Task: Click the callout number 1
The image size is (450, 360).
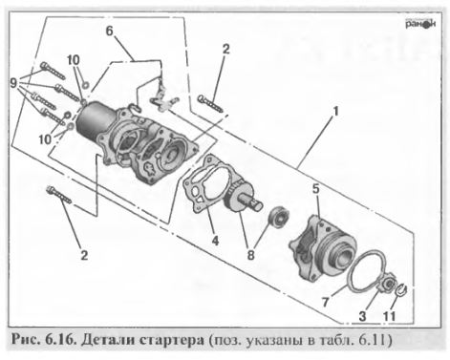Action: [x=335, y=112]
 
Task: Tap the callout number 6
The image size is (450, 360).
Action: [x=109, y=32]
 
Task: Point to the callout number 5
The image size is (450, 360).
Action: [x=315, y=189]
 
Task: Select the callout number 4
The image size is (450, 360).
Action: [x=215, y=241]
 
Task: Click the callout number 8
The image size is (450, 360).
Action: [x=251, y=255]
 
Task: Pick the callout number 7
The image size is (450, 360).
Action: [x=325, y=302]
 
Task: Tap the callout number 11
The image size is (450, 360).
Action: [x=389, y=316]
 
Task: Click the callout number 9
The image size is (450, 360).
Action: [x=13, y=84]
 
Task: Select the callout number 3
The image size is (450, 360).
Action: [x=362, y=316]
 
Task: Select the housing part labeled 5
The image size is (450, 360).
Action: [x=323, y=248]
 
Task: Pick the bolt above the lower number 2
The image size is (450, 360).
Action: [x=59, y=195]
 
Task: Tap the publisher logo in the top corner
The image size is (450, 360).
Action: [x=420, y=24]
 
